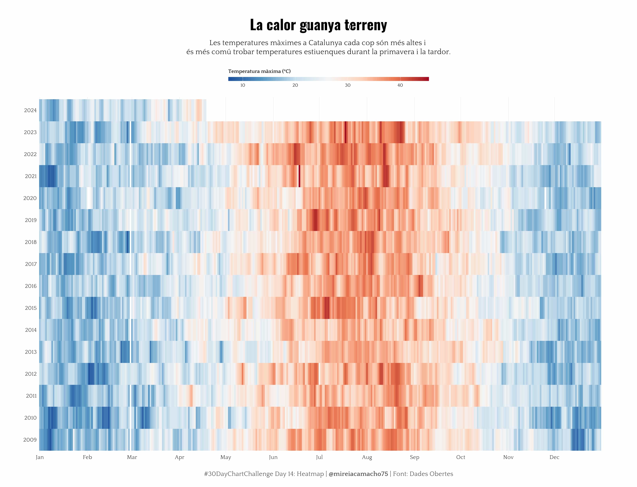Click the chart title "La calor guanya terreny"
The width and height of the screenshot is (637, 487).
pos(318,25)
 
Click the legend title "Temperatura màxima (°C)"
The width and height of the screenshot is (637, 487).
pos(259,71)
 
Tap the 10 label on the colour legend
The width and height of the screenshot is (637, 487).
pos(243,85)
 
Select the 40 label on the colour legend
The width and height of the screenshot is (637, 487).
pos(400,85)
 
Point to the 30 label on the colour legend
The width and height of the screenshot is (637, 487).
pos(347,85)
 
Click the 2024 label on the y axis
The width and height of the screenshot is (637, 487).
pos(30,110)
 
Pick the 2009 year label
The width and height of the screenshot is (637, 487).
pos(30,440)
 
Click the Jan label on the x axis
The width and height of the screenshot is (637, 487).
pos(40,457)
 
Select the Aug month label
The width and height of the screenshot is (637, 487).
pos(367,457)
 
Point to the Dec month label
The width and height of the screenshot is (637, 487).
pos(554,457)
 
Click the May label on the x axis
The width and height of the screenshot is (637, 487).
pos(226,457)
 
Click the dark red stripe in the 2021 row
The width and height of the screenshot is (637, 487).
pos(299,176)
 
